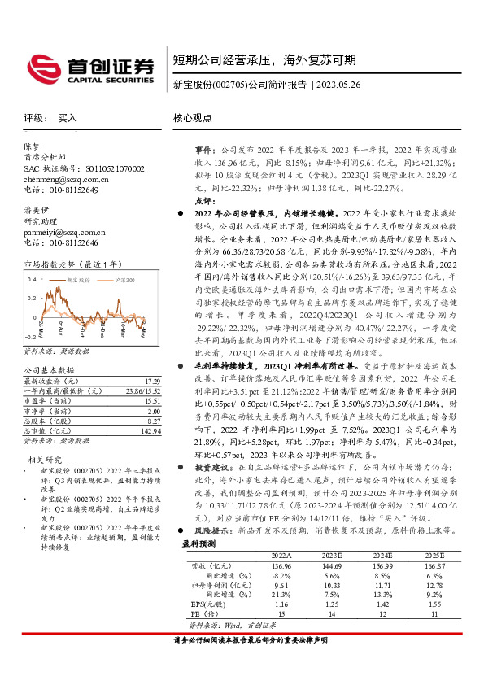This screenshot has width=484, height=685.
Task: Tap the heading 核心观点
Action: [x=193, y=118]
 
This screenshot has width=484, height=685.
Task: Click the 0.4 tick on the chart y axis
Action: [x=32, y=280]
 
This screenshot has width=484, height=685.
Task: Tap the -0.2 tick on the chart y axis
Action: [x=31, y=336]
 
